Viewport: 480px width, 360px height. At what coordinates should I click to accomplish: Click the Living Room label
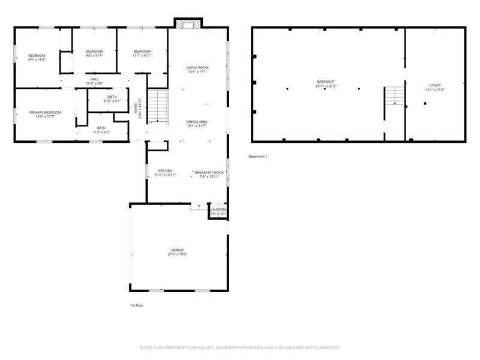point(197,70)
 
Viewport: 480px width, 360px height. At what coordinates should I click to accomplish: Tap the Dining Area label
point(196,124)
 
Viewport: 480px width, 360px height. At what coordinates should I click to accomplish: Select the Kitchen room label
point(166,172)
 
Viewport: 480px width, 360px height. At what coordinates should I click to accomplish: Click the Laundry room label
point(218,211)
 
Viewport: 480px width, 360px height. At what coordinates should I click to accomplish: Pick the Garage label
point(177,251)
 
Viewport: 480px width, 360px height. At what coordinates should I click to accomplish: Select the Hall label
point(95,81)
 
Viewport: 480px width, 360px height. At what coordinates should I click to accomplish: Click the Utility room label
point(435,88)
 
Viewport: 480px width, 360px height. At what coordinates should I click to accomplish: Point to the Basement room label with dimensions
point(326,83)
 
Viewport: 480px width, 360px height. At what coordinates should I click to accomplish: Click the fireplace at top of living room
point(184,23)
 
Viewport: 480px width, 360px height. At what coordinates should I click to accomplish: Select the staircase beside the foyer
point(157,106)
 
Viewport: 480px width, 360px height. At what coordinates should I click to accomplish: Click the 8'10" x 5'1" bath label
point(112,99)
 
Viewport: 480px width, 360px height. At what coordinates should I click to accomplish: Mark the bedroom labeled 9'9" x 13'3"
point(37,58)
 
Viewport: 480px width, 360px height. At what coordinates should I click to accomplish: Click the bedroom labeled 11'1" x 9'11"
point(142,53)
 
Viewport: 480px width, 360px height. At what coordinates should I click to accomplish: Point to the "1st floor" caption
point(137,305)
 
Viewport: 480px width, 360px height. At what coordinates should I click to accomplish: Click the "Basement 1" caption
point(258,157)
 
